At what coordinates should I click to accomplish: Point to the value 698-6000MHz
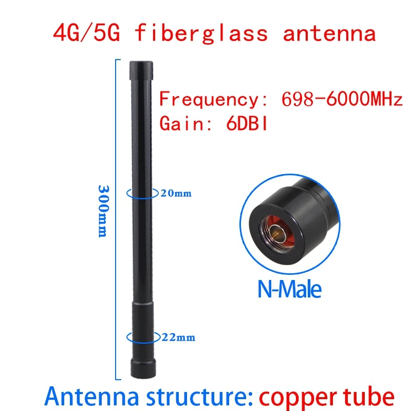(x=342, y=99)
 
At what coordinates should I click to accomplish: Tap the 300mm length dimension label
(x=103, y=211)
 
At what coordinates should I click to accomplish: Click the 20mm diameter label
(x=176, y=194)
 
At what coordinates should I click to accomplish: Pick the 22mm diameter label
(x=179, y=338)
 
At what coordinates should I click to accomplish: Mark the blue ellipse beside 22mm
(x=142, y=337)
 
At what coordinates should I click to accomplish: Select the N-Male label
(x=289, y=289)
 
